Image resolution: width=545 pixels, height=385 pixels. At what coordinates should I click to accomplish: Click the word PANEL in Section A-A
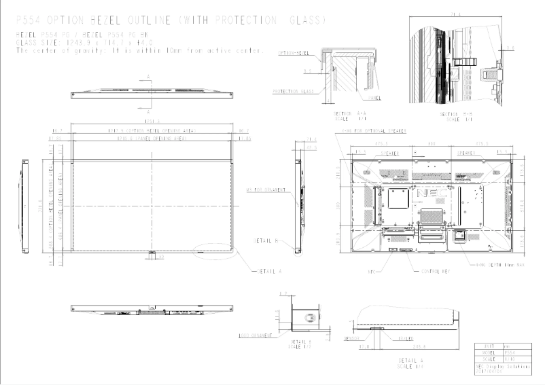point(374,98)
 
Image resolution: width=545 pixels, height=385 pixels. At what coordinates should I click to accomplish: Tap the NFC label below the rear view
point(371,270)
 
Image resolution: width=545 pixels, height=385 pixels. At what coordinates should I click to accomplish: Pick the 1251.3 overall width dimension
point(153,122)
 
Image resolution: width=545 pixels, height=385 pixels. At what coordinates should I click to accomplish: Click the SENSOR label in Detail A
point(351,336)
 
